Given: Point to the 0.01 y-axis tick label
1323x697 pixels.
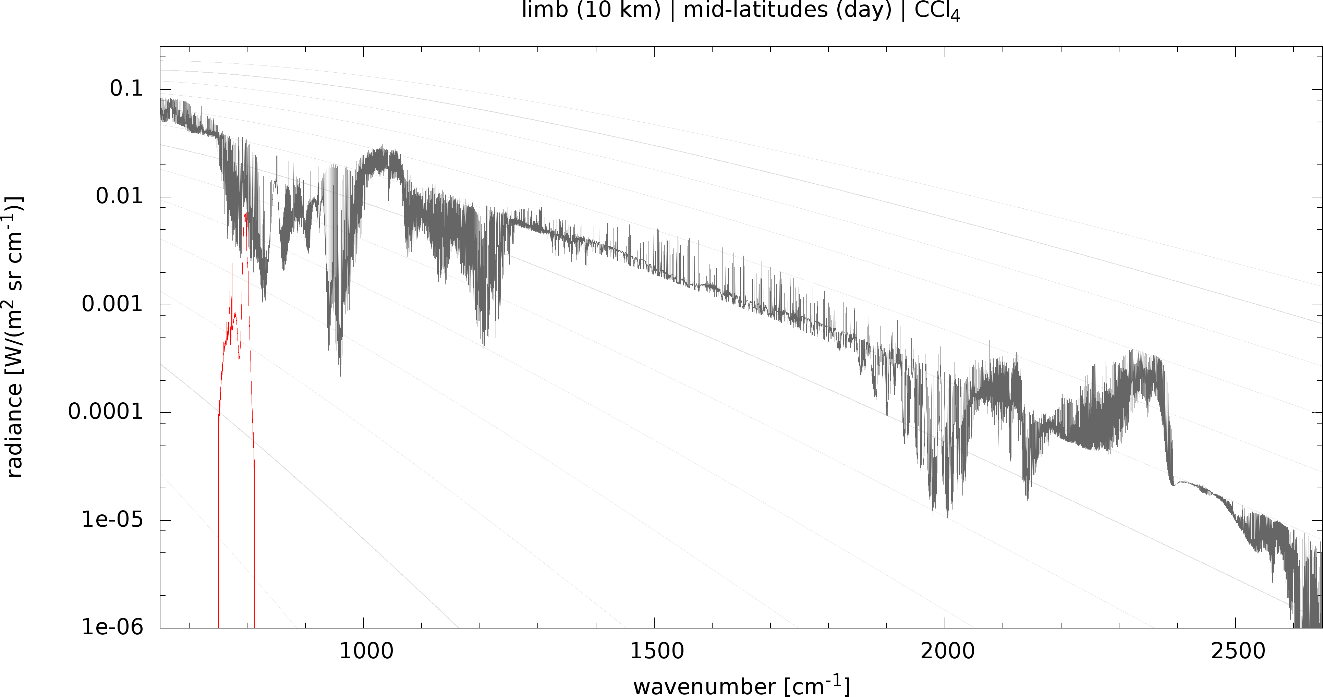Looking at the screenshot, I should [119, 196].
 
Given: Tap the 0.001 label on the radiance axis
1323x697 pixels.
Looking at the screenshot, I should [112, 304].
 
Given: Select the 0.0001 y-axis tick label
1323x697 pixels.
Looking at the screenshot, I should [105, 412].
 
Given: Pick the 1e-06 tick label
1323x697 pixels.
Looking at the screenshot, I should [112, 627].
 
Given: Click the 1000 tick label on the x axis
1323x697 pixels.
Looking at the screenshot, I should [366, 651].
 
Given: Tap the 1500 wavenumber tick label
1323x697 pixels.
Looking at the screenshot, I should [657, 651].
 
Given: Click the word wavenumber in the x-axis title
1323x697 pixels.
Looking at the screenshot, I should [705, 687].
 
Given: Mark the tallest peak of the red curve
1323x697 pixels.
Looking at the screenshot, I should [245, 212].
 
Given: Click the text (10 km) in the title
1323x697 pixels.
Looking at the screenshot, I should [618, 9].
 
